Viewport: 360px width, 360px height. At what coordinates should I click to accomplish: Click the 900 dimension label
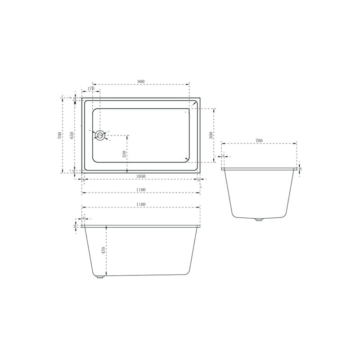coord(141,81)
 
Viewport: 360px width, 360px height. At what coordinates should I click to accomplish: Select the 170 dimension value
coord(91,89)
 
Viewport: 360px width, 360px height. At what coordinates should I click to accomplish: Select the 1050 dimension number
coord(140,176)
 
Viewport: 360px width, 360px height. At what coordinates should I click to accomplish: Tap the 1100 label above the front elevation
coord(140,204)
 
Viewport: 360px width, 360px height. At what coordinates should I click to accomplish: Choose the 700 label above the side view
coord(259,141)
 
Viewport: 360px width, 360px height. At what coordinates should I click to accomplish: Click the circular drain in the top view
coord(100,135)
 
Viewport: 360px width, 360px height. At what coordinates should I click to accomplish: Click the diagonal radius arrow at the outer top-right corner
coord(195,104)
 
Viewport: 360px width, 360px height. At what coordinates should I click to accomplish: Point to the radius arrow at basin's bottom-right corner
coord(187,158)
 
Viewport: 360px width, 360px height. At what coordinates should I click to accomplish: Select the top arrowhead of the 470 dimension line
coord(106,226)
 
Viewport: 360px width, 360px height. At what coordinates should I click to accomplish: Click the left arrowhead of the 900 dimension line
coord(93,84)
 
